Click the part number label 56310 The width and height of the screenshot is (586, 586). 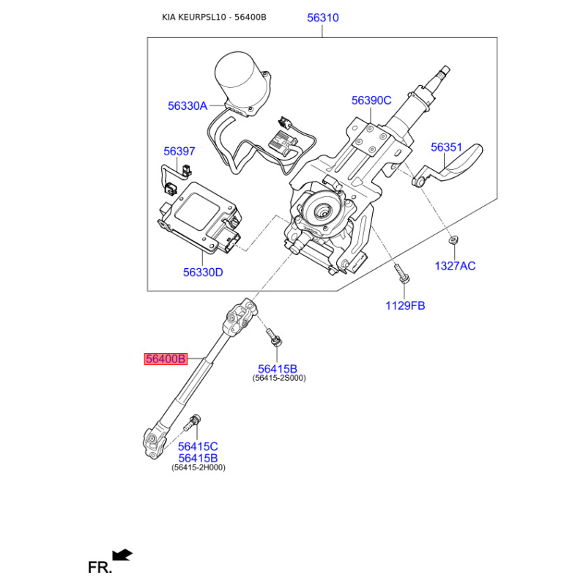(323, 18)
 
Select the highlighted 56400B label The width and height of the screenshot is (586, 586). (166, 359)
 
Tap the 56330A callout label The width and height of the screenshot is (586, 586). (188, 105)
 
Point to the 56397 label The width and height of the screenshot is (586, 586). (179, 152)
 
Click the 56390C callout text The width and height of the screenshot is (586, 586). (371, 100)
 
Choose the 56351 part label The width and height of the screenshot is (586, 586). (447, 147)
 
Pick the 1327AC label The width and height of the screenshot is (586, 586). (455, 266)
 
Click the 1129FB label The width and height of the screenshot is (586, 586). (405, 305)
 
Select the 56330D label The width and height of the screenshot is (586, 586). (203, 272)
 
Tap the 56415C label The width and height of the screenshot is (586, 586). (198, 446)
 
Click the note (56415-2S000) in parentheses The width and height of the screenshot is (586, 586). (279, 378)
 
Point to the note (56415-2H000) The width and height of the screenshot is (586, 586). (199, 467)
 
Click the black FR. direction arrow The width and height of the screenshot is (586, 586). (122, 555)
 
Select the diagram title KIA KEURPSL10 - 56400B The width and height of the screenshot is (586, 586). (214, 17)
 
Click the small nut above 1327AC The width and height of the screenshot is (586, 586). (453, 240)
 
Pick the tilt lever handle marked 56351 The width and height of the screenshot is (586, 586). (448, 165)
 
